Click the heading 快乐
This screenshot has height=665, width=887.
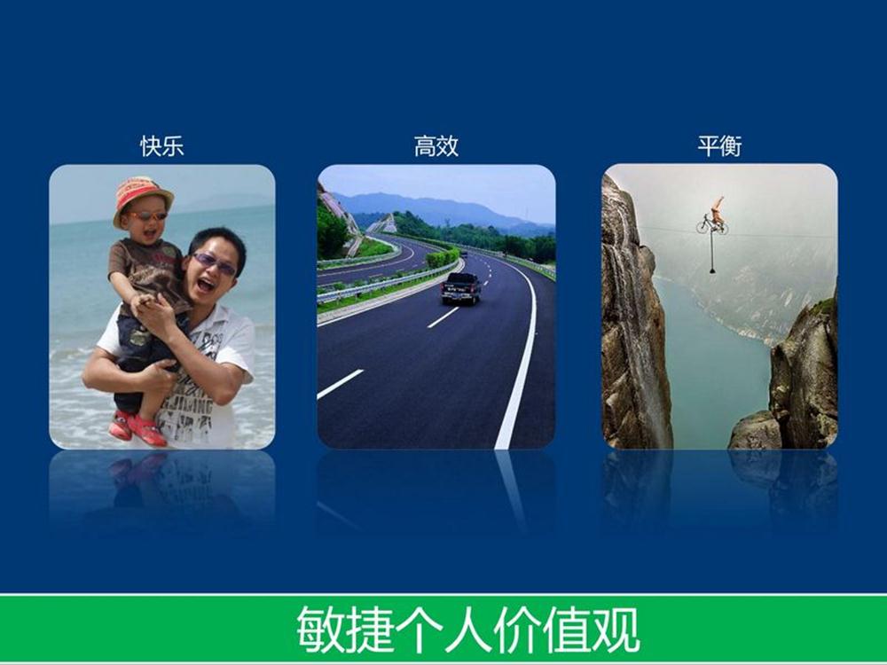point(161,146)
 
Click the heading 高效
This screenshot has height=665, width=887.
point(436,146)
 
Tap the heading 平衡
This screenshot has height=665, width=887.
point(719,146)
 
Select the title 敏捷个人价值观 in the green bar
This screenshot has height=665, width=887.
point(467,630)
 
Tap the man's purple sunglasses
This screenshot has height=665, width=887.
point(215,263)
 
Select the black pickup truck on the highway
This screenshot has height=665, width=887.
point(461,288)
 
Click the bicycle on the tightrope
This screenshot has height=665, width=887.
point(712,224)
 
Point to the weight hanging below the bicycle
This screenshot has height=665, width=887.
point(712,270)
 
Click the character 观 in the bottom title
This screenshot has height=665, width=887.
point(616,630)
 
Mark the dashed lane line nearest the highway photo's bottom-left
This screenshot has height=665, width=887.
point(340,384)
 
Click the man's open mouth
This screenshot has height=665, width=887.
point(205,285)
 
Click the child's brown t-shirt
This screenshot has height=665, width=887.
point(149,272)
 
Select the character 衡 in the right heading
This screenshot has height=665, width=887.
point(731,146)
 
